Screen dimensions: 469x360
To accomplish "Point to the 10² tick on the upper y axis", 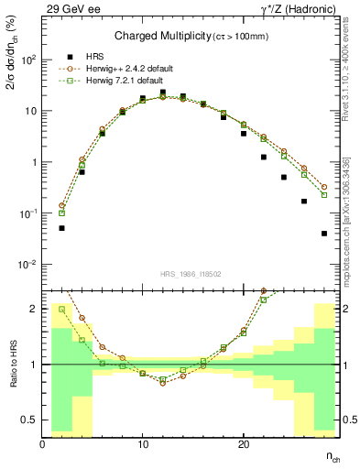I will pos(28,60).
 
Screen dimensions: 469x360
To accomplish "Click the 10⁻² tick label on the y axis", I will pos(27,265).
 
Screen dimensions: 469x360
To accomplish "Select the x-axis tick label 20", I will pos(243,444).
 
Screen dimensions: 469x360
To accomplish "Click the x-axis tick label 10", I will pos(143,444).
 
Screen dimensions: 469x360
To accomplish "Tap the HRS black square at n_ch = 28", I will pos(324,234).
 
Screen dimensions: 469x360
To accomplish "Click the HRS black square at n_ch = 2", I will pos(61,228).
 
